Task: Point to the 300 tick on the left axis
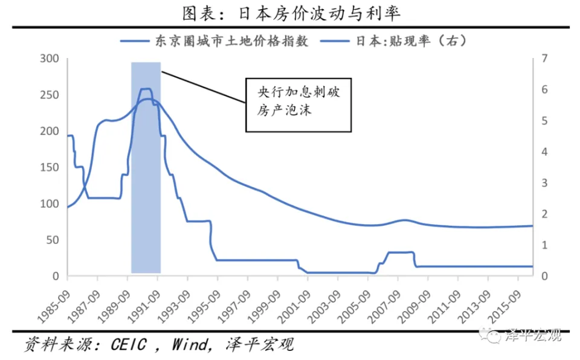click(x=50, y=59)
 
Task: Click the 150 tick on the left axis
click(x=50, y=167)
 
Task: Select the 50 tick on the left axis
click(x=52, y=240)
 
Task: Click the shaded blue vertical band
click(x=146, y=211)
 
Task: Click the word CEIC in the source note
click(x=129, y=345)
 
